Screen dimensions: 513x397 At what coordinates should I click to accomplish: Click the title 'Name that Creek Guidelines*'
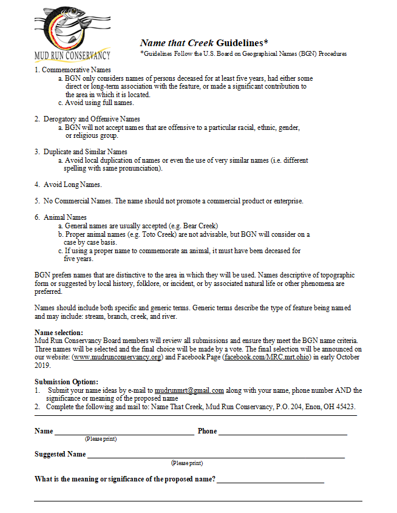204,43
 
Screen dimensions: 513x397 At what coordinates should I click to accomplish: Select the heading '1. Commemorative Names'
72,70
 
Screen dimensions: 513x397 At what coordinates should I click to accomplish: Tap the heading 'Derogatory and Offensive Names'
92,119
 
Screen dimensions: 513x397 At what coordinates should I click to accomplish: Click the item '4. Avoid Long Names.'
68,185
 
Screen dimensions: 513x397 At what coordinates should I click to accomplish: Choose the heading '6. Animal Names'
61,217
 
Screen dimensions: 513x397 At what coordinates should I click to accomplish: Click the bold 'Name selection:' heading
59,333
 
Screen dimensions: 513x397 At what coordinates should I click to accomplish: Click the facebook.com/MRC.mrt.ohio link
268,357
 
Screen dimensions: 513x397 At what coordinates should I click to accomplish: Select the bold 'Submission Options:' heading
63,381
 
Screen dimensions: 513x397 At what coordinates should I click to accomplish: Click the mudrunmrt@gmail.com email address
189,390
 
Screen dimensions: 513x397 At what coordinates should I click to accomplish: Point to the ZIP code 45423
344,406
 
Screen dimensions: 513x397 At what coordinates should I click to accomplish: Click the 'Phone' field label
207,430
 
